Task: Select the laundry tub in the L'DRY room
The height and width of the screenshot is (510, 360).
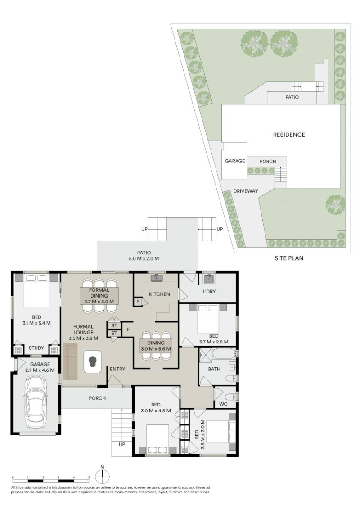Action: (208, 279)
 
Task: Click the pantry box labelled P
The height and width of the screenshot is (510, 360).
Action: (138, 302)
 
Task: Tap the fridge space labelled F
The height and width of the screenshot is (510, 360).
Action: (128, 329)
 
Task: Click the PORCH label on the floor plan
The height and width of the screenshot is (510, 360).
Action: (97, 398)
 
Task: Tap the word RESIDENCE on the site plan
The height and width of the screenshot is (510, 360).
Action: (289, 135)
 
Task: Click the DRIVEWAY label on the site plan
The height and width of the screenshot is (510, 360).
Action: (246, 191)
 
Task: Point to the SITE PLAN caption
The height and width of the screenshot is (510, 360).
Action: (289, 258)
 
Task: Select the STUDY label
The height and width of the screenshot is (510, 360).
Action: (36, 348)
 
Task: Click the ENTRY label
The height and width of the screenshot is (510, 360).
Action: (117, 369)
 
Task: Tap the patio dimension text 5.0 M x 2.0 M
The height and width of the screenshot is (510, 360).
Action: (144, 258)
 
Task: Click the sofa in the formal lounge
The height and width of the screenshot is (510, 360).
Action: (71, 362)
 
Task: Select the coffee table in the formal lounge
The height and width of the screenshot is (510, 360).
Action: (93, 361)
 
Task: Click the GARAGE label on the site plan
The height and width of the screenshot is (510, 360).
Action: (235, 161)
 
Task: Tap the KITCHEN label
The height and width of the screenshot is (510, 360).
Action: (159, 294)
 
